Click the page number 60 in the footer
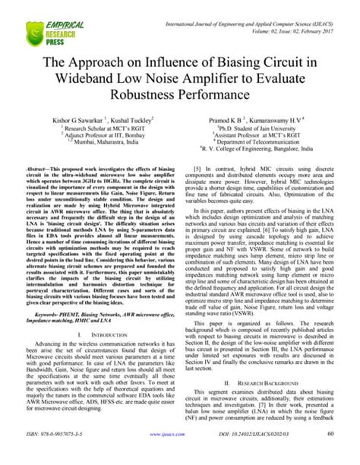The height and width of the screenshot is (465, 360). click(x=332, y=455)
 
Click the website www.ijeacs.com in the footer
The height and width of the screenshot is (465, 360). click(x=168, y=455)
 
